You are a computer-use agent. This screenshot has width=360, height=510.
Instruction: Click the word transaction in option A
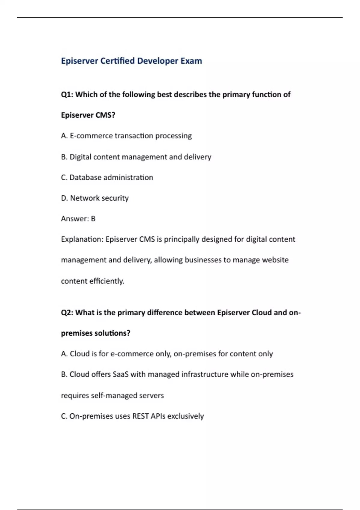point(134,136)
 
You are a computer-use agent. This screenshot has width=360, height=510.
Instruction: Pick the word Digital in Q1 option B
point(80,157)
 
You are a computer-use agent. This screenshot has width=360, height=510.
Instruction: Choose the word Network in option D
point(84,198)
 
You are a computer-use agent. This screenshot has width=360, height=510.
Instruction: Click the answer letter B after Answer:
point(93,219)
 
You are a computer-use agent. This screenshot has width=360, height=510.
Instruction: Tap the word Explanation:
point(82,239)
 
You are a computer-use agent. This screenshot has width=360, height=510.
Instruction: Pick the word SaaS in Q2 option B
point(120,374)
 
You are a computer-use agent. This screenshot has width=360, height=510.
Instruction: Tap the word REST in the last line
point(140,416)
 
